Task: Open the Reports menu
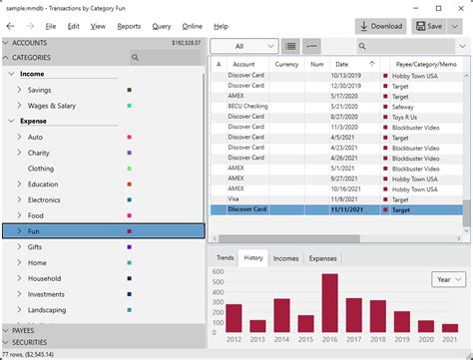[x=129, y=26]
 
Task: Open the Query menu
[x=163, y=26]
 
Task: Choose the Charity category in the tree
[x=40, y=153]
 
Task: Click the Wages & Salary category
[x=52, y=105]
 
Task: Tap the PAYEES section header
[x=25, y=330]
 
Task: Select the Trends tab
[x=225, y=258]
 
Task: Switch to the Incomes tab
[x=285, y=258]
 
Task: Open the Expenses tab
[x=322, y=258]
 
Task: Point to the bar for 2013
[x=257, y=325]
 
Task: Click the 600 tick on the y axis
[x=217, y=271]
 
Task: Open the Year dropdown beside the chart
[x=447, y=279]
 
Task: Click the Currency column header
[x=286, y=64]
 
